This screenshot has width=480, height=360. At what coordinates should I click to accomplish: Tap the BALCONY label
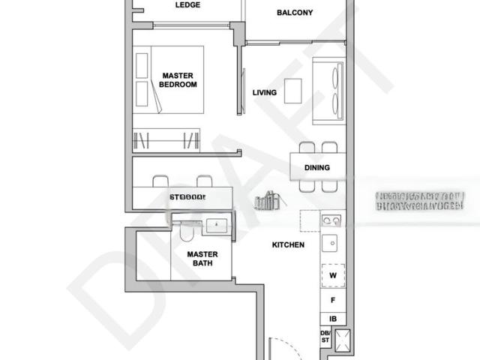[x=295, y=13]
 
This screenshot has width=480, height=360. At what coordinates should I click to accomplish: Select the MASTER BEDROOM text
[x=178, y=80]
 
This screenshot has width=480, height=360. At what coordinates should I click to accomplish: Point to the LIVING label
[x=264, y=93]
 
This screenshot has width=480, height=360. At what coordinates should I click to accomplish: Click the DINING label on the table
[x=316, y=168]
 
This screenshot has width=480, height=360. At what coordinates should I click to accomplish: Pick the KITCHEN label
[x=287, y=245]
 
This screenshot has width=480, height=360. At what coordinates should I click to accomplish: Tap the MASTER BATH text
[x=202, y=259]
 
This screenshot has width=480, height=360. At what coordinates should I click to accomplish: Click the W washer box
[x=333, y=275]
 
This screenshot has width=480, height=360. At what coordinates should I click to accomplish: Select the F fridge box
[x=333, y=301]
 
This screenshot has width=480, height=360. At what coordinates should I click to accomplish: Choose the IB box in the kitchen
[x=333, y=319]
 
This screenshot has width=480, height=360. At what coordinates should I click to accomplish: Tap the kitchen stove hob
[x=332, y=220]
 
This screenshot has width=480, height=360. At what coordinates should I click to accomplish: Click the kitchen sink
[x=331, y=243]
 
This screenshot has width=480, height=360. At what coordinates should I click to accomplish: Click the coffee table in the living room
[x=293, y=91]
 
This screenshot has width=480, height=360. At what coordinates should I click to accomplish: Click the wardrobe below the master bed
[x=166, y=139]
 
